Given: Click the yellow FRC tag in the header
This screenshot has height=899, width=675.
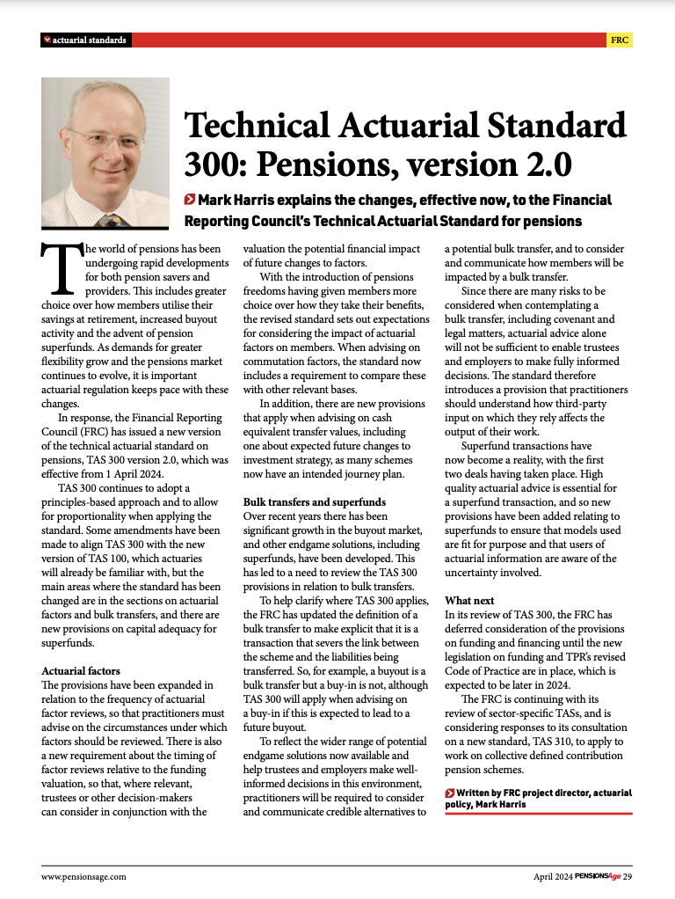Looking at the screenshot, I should (x=620, y=40).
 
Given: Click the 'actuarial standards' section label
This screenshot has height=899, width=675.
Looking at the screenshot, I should (x=90, y=40).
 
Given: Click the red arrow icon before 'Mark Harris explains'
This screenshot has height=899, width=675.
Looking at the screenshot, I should (x=190, y=200).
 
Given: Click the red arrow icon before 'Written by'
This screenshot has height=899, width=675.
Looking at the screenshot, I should (x=450, y=793).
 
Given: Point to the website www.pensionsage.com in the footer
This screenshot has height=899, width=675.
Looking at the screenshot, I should (x=84, y=876).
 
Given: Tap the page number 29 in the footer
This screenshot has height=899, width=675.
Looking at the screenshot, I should (x=628, y=876).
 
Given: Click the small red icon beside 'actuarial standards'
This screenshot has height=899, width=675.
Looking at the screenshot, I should (x=47, y=40).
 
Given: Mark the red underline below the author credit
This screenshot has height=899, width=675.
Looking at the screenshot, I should (x=538, y=815).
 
